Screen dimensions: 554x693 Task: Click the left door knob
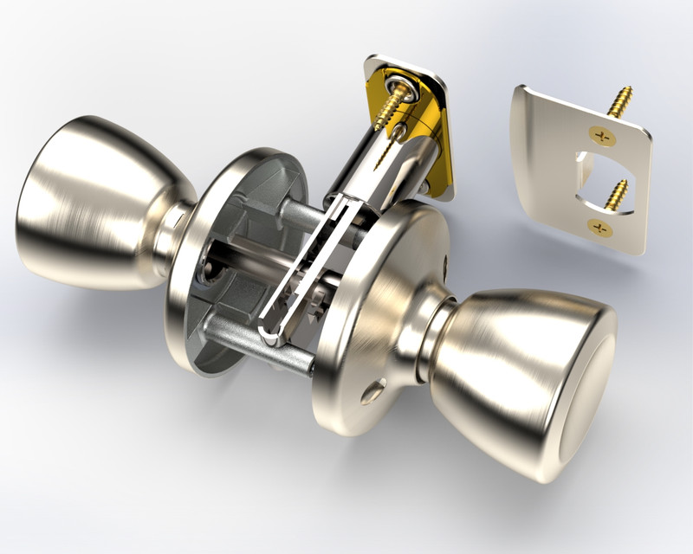pos(95,199)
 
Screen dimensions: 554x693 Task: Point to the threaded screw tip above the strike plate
pos(620,100)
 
